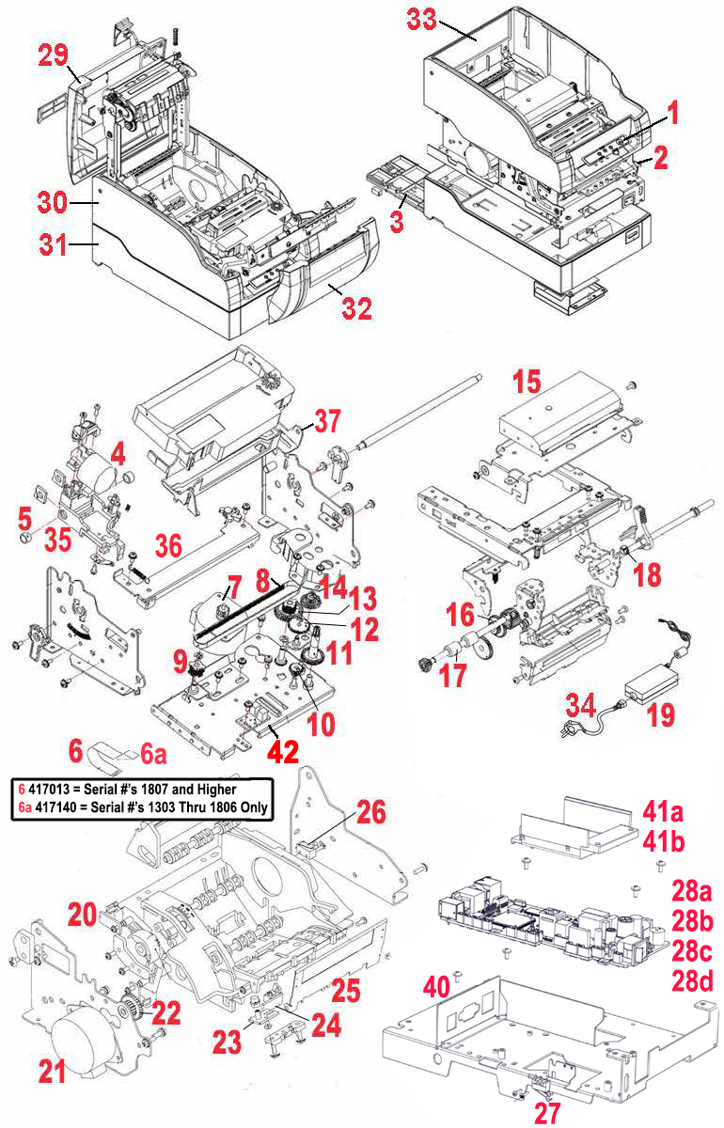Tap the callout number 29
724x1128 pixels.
(54, 55)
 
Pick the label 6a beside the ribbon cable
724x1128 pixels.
(154, 754)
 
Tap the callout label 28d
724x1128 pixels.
(693, 981)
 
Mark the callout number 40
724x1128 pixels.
(436, 987)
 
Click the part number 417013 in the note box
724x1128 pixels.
(55, 789)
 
